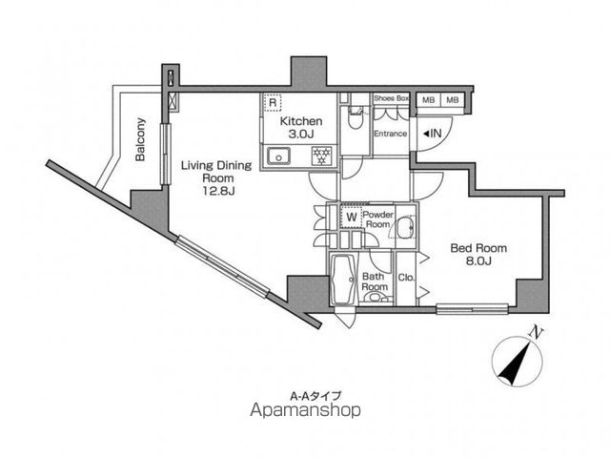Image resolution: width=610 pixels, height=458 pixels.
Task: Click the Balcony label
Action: point(140,139)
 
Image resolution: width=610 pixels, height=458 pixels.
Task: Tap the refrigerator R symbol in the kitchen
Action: point(273,103)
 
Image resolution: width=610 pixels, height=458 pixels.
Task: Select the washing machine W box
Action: point(352,218)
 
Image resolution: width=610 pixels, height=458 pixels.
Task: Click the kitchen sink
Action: point(278,156)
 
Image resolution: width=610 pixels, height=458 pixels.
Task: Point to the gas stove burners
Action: point(322,156)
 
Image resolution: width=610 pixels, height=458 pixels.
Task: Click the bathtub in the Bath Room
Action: point(344,280)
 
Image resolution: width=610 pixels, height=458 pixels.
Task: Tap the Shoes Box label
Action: point(391,98)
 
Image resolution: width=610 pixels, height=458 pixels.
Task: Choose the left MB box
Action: point(428,100)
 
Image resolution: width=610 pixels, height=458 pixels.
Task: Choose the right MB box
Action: point(452,100)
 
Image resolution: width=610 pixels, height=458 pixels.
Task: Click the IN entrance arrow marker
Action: point(432,134)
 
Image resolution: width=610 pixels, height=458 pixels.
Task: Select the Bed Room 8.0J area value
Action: point(478,260)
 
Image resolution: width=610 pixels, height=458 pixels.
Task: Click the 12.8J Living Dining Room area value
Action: point(218,191)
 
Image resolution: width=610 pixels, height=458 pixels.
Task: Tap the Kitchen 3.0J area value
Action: point(301,135)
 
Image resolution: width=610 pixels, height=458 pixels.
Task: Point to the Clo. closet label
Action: point(407,278)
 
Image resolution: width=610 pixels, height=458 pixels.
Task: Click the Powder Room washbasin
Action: point(406,228)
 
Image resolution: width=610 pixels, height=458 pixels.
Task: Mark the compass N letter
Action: point(537,333)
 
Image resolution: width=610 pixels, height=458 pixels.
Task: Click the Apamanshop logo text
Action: point(305,410)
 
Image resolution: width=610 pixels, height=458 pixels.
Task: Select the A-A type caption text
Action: point(315,396)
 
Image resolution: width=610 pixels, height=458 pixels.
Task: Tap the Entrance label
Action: point(390,134)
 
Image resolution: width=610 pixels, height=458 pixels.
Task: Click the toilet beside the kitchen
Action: point(355,118)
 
